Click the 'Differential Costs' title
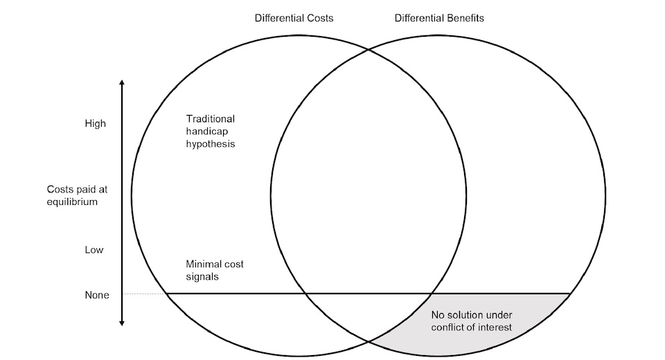[294, 18]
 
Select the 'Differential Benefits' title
[439, 18]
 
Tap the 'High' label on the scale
[95, 124]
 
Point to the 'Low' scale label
[94, 250]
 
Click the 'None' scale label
[96, 294]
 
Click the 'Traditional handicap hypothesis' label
[211, 132]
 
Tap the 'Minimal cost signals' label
[215, 271]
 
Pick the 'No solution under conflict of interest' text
[472, 320]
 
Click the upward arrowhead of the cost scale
[122, 83]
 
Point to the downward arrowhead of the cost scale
[122, 322]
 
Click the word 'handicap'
[206, 132]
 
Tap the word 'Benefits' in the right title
[463, 18]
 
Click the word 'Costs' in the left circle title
[319, 18]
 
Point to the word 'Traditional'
[211, 118]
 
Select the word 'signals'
[202, 277]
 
